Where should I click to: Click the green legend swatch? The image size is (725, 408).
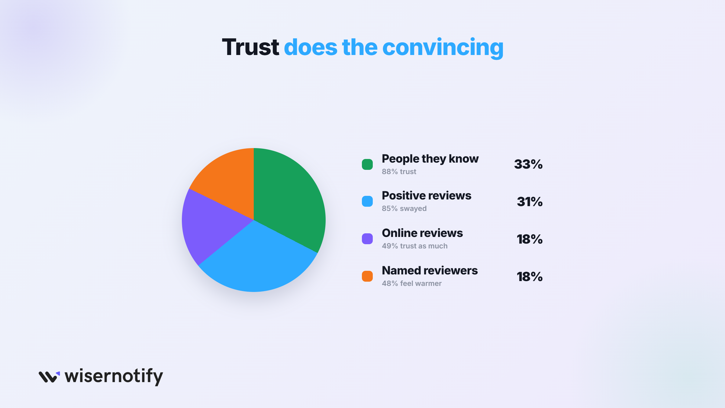(367, 164)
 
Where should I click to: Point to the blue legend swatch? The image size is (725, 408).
(367, 201)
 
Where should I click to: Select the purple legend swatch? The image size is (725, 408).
(367, 239)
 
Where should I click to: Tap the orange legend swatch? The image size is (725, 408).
(367, 276)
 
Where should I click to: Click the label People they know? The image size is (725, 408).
(430, 159)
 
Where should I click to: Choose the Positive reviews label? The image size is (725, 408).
(427, 196)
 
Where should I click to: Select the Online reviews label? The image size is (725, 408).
(422, 233)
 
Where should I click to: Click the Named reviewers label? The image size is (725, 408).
(430, 270)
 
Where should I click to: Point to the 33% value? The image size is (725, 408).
(528, 164)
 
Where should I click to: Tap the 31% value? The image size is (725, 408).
(530, 202)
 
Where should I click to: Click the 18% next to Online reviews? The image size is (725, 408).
(530, 239)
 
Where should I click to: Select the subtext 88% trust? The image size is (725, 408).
(399, 172)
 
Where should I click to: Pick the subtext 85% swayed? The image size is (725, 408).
(404, 209)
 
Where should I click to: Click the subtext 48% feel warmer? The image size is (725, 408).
(412, 283)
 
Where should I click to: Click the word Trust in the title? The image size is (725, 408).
(250, 47)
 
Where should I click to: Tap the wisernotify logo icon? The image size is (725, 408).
(49, 377)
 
